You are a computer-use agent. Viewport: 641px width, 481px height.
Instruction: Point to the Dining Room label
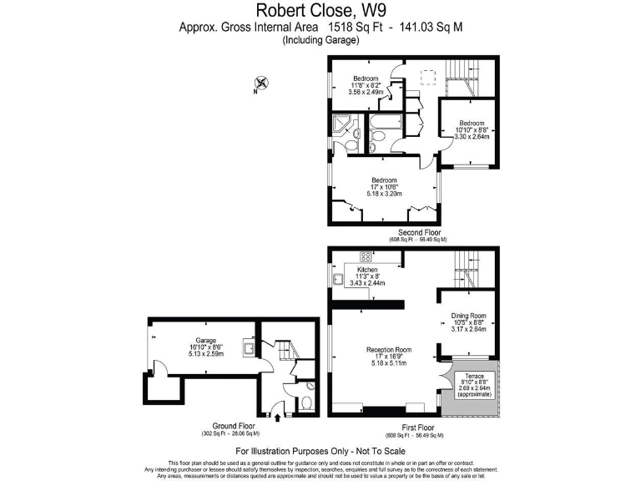[x=467, y=316]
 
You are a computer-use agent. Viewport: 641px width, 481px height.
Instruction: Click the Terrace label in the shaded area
[x=474, y=376]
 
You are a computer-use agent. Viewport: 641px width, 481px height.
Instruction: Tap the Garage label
[x=206, y=341]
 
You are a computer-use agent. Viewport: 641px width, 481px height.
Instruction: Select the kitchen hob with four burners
[x=365, y=256]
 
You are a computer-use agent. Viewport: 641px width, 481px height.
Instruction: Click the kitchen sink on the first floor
[x=339, y=277]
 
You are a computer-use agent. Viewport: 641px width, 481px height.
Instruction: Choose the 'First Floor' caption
[x=415, y=428]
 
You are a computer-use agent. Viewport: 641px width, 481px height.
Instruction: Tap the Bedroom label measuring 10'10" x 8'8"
[x=472, y=123]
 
